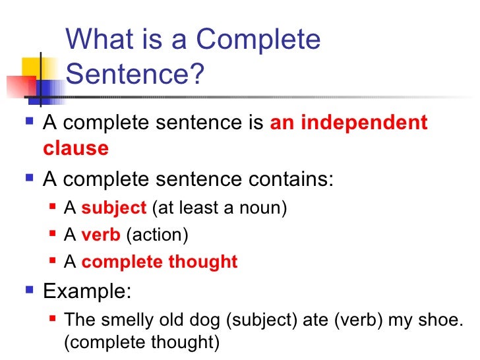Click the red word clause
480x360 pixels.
pos(75,148)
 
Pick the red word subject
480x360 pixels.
pos(113,208)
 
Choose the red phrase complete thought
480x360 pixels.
pos(159,262)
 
